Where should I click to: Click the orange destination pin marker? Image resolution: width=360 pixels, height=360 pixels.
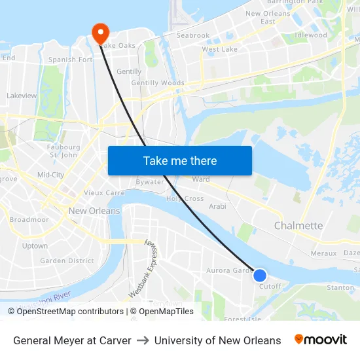pyautogui.click(x=100, y=31)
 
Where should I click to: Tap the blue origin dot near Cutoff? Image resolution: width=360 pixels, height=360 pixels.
pyautogui.click(x=260, y=276)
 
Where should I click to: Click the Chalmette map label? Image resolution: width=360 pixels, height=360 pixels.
pyautogui.click(x=298, y=226)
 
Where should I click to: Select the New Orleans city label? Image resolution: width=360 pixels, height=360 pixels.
pyautogui.click(x=94, y=211)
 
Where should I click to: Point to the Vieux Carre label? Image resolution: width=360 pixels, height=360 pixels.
pyautogui.click(x=104, y=193)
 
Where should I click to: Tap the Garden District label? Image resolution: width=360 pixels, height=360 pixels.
pyautogui.click(x=67, y=261)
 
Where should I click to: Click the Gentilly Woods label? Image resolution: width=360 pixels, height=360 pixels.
pyautogui.click(x=158, y=83)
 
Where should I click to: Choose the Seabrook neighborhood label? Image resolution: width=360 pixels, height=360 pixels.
pyautogui.click(x=193, y=35)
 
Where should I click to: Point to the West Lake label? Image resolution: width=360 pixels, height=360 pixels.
pyautogui.click(x=219, y=49)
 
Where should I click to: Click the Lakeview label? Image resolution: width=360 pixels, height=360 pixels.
pyautogui.click(x=22, y=96)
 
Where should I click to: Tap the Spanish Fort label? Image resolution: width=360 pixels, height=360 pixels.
pyautogui.click(x=71, y=60)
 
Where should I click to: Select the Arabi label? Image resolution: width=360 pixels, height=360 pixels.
pyautogui.click(x=217, y=206)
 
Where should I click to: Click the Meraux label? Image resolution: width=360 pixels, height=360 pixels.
pyautogui.click(x=323, y=253)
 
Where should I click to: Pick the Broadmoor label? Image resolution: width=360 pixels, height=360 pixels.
pyautogui.click(x=29, y=220)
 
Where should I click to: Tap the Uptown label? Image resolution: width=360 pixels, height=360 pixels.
pyautogui.click(x=35, y=246)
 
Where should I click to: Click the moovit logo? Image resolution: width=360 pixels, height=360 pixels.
pyautogui.click(x=321, y=340)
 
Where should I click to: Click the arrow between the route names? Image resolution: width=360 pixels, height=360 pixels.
pyautogui.click(x=143, y=340)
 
